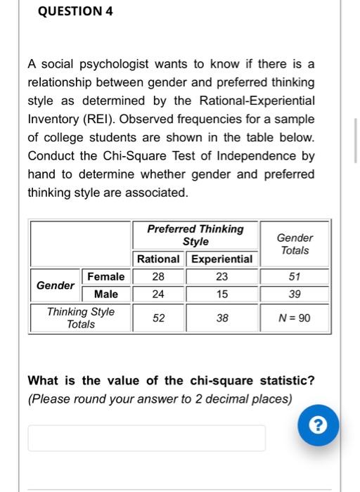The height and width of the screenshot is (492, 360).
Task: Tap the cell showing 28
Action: pos(158,277)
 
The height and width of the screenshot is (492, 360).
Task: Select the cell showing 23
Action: pos(222,277)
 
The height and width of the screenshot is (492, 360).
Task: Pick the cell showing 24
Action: pos(158,294)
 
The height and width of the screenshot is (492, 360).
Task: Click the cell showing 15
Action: pos(222,294)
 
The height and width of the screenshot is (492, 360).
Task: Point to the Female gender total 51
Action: pos(295,277)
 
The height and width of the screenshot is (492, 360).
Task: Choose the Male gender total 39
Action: pos(295,294)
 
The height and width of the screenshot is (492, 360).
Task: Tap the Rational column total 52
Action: pos(158,318)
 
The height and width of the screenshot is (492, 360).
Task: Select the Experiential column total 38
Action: pos(222,318)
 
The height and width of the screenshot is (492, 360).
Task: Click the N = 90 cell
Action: pos(295,318)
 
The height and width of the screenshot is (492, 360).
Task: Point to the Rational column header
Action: pos(158,259)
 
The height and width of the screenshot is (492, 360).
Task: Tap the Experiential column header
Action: pos(222,259)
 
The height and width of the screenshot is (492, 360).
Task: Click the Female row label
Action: pos(106,277)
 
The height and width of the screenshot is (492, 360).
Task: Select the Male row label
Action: pos(106,294)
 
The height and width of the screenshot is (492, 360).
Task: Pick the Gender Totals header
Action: pos(295,244)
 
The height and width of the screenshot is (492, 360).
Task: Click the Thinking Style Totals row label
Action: pos(81,318)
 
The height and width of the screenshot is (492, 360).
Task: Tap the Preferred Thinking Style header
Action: pos(195,235)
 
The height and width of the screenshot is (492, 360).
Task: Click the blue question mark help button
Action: pos(319,426)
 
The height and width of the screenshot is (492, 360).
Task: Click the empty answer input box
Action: pos(146,438)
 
